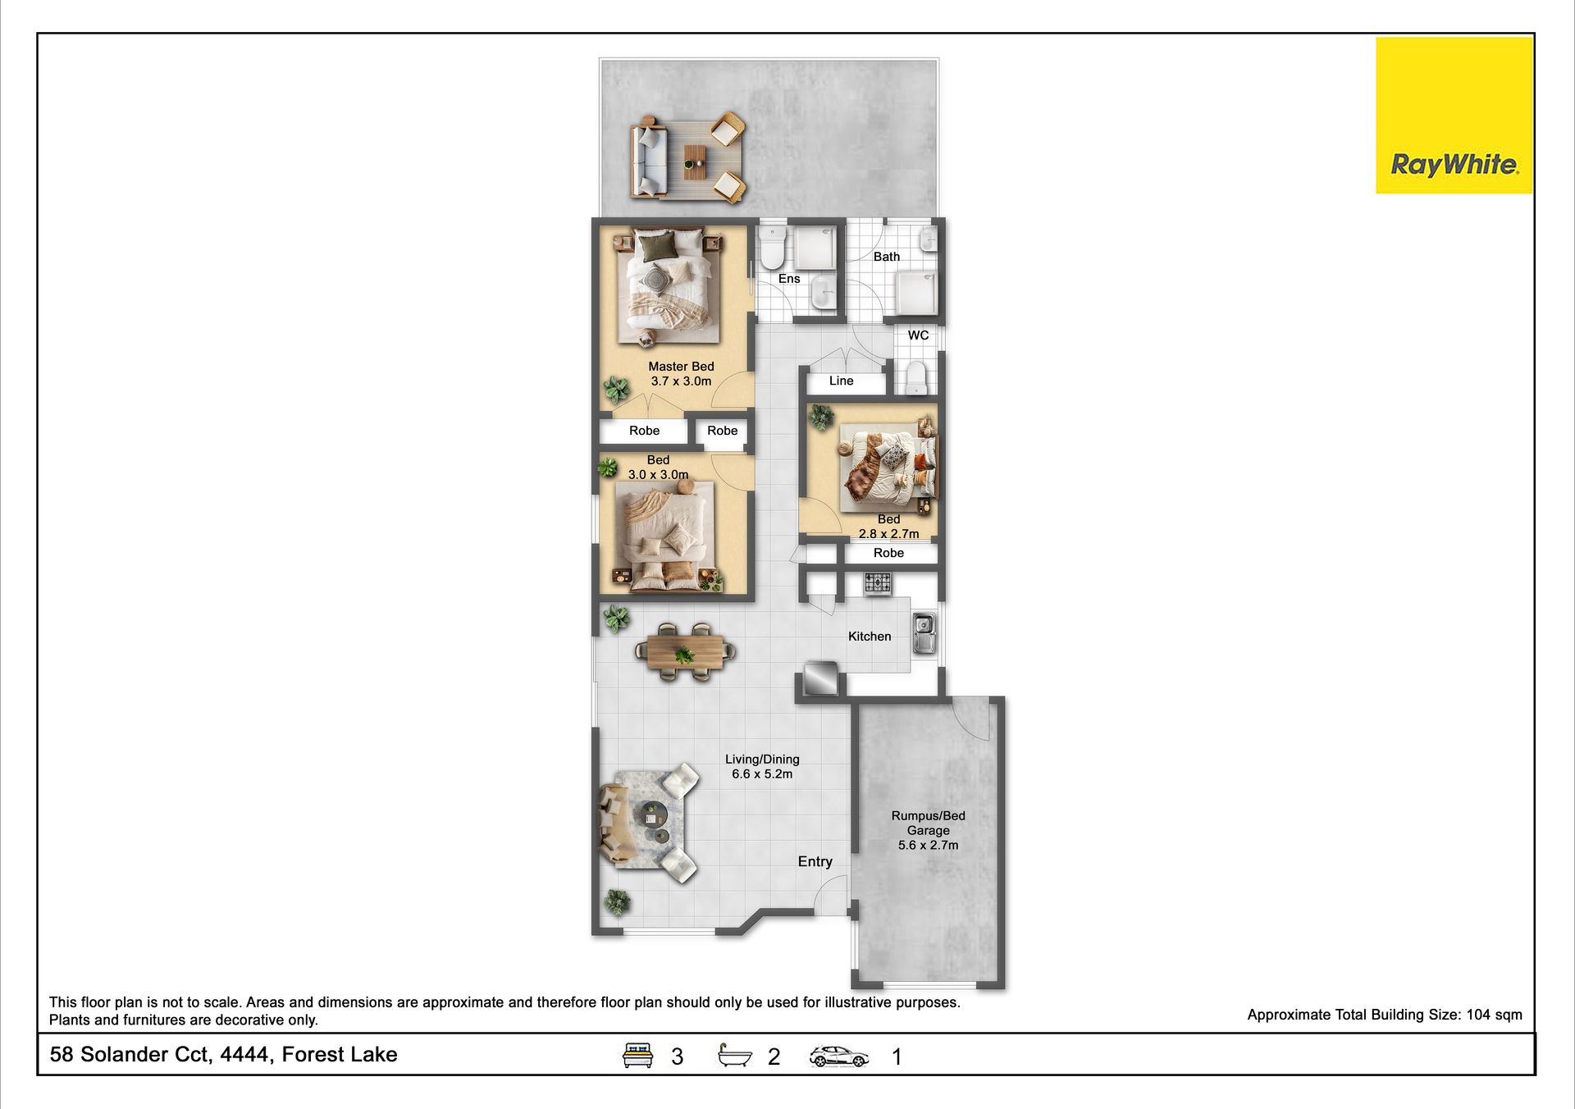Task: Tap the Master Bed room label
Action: click(681, 367)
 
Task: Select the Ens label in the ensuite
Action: click(789, 279)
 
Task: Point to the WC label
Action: click(918, 335)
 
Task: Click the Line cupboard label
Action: click(841, 381)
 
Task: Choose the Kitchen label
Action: click(870, 637)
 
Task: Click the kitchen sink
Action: click(924, 633)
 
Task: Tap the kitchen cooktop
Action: click(877, 583)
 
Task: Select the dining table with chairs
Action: click(685, 652)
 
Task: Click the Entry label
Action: click(815, 861)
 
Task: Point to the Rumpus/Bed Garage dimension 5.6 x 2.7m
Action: click(928, 845)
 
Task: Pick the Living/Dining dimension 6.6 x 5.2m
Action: click(762, 774)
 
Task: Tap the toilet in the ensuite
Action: click(773, 249)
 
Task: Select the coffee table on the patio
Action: click(695, 162)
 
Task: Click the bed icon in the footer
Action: click(637, 1055)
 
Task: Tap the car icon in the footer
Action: click(839, 1056)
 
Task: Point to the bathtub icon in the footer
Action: click(734, 1055)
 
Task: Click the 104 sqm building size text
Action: click(1494, 1015)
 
